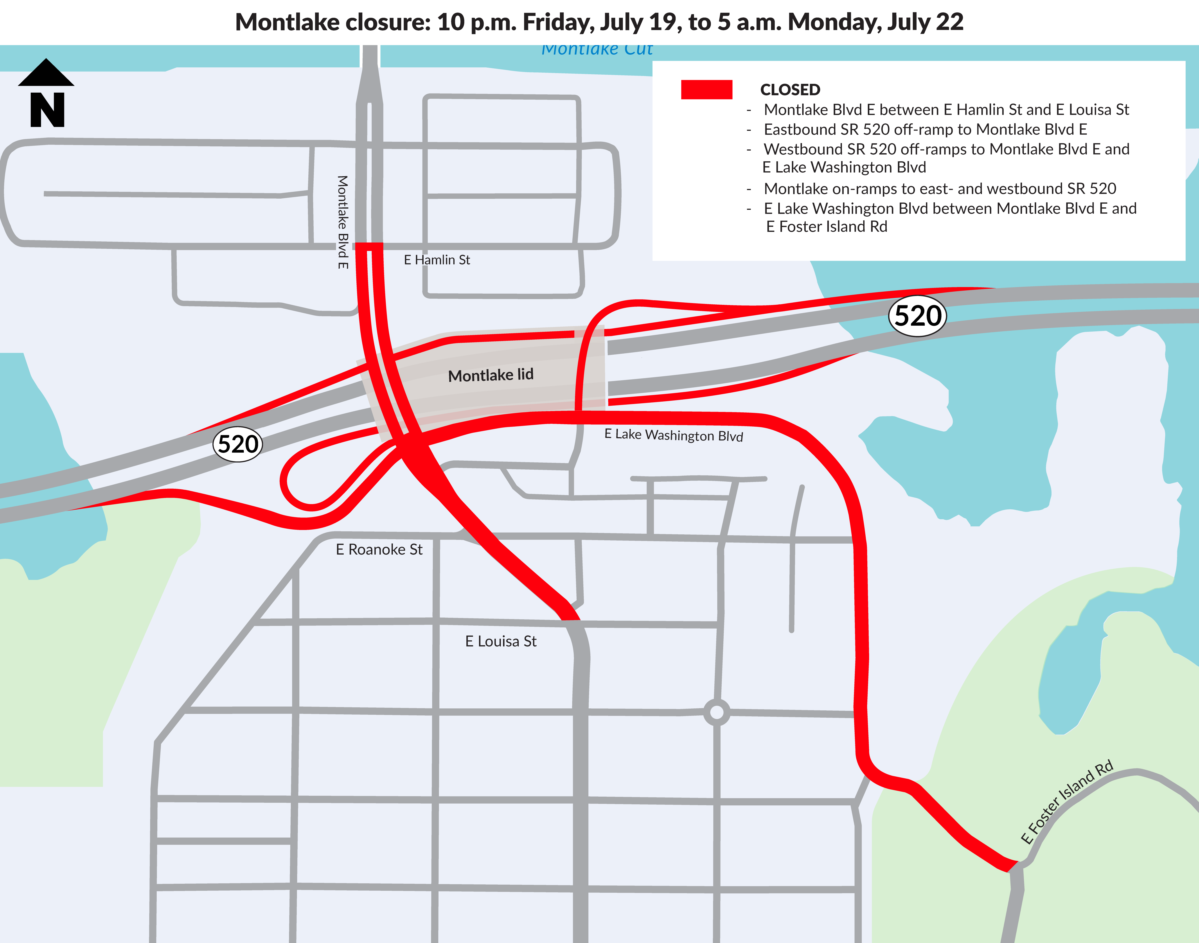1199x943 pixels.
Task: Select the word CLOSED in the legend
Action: [x=790, y=90]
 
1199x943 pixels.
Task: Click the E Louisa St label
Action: [x=501, y=641]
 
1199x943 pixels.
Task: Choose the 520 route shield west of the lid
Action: [x=237, y=444]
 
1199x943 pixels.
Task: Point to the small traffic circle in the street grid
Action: [x=717, y=712]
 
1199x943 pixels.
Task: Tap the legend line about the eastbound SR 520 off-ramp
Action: [x=925, y=129]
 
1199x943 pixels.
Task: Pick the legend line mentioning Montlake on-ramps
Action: [x=940, y=189]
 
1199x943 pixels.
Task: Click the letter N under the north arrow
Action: [x=47, y=110]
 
